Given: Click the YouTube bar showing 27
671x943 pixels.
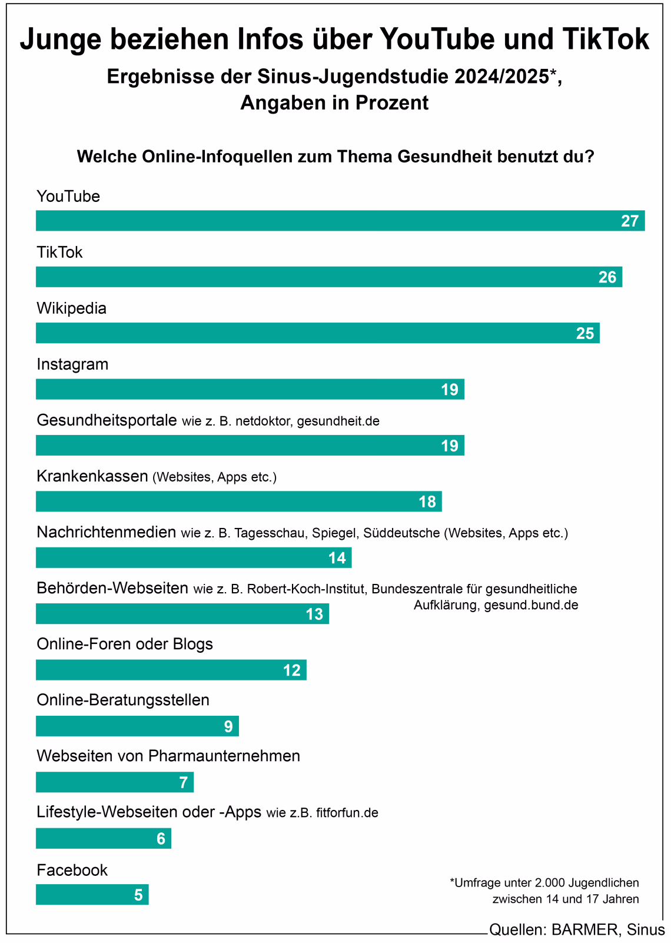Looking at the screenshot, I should [340, 221].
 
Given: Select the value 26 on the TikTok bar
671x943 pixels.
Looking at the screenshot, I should [607, 277].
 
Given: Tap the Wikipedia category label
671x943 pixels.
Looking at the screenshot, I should [71, 308].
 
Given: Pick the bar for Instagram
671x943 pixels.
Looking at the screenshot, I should [250, 389].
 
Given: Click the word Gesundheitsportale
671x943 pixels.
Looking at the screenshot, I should [107, 420].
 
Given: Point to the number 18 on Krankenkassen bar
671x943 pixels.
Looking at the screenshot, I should [427, 502].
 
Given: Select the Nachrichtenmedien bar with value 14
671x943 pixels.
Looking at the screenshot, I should [193, 557].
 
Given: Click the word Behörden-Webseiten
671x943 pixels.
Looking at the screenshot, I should [112, 588].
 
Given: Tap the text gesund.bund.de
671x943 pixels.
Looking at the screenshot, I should [531, 605].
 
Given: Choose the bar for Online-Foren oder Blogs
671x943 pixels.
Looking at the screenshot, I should [171, 670].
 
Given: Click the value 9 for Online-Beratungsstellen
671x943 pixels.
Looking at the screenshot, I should [228, 726].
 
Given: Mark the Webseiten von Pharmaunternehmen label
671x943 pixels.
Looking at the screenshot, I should [168, 756].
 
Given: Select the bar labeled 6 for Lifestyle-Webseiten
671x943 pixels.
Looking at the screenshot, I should [103, 838].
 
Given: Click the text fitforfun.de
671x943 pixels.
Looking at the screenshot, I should [347, 813].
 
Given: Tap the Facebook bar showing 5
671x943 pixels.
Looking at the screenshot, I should [92, 895].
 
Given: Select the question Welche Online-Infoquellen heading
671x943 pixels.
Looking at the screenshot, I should [335, 157].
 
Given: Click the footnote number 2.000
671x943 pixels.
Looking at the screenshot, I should [549, 883].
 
